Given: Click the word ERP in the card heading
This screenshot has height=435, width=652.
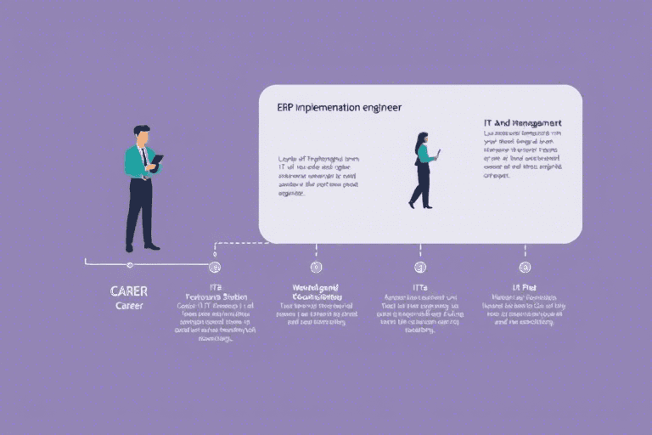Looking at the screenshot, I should tap(285, 109).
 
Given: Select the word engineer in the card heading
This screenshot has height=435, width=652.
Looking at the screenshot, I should tap(380, 109).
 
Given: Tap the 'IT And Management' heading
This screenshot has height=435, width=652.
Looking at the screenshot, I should tap(522, 123).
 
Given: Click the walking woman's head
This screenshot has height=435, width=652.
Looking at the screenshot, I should tap(421, 138).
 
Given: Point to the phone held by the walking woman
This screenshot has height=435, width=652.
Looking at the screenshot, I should tap(437, 153).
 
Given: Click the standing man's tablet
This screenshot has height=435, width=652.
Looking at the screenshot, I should tap(157, 160).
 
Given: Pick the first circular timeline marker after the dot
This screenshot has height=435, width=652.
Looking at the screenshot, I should tap(214, 267).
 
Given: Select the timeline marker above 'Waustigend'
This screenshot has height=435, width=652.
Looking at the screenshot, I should tap(317, 267).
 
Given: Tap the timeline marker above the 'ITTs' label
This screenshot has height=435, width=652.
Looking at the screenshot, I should tap(419, 267).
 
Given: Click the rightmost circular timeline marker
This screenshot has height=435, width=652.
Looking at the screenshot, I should tap(525, 267).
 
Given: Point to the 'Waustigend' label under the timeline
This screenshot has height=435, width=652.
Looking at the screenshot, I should tap(316, 289).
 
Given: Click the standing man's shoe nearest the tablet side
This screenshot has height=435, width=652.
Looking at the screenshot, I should tap(152, 246).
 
